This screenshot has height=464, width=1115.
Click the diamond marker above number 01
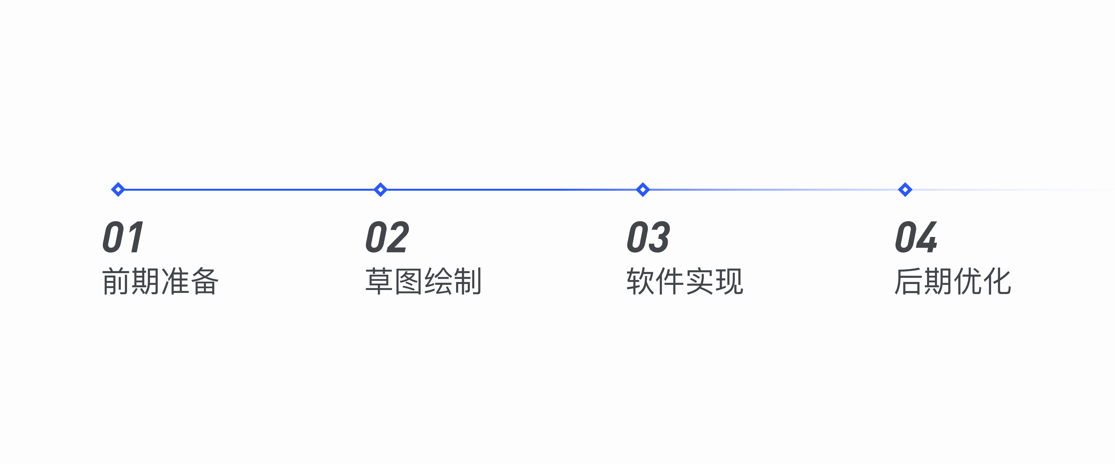(x=118, y=189)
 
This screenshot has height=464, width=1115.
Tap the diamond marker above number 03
(x=643, y=189)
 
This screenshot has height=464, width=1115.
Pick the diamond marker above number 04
(x=905, y=189)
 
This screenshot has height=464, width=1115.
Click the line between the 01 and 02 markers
(x=249, y=189)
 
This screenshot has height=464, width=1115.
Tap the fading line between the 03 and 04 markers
(x=774, y=189)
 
